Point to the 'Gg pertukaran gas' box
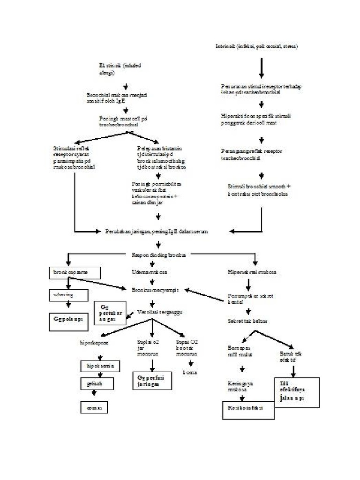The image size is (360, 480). (110, 313)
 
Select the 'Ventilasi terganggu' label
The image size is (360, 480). (159, 312)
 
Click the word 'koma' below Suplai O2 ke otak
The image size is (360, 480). (189, 372)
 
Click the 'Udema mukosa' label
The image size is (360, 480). (150, 272)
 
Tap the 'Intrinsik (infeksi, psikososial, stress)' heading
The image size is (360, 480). (256, 46)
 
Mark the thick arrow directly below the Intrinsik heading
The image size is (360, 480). (261, 69)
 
